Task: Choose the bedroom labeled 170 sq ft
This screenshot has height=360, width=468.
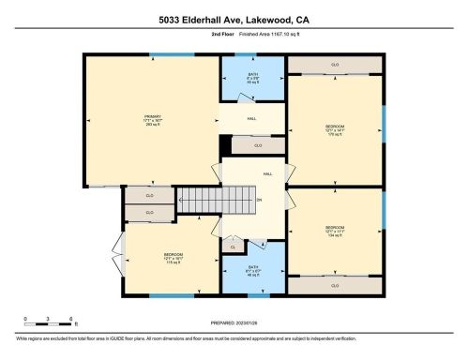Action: click(x=335, y=130)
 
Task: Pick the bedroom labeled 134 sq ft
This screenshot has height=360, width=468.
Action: click(x=335, y=231)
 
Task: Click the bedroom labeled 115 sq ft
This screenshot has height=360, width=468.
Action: click(x=173, y=258)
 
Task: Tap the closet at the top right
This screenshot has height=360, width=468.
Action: click(x=335, y=64)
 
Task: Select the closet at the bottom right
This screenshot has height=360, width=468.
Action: click(x=335, y=286)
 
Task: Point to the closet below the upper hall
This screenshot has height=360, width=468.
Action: click(x=257, y=145)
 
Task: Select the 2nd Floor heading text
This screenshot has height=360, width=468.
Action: click(x=195, y=35)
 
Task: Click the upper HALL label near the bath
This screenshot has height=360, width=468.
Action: click(x=251, y=118)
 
